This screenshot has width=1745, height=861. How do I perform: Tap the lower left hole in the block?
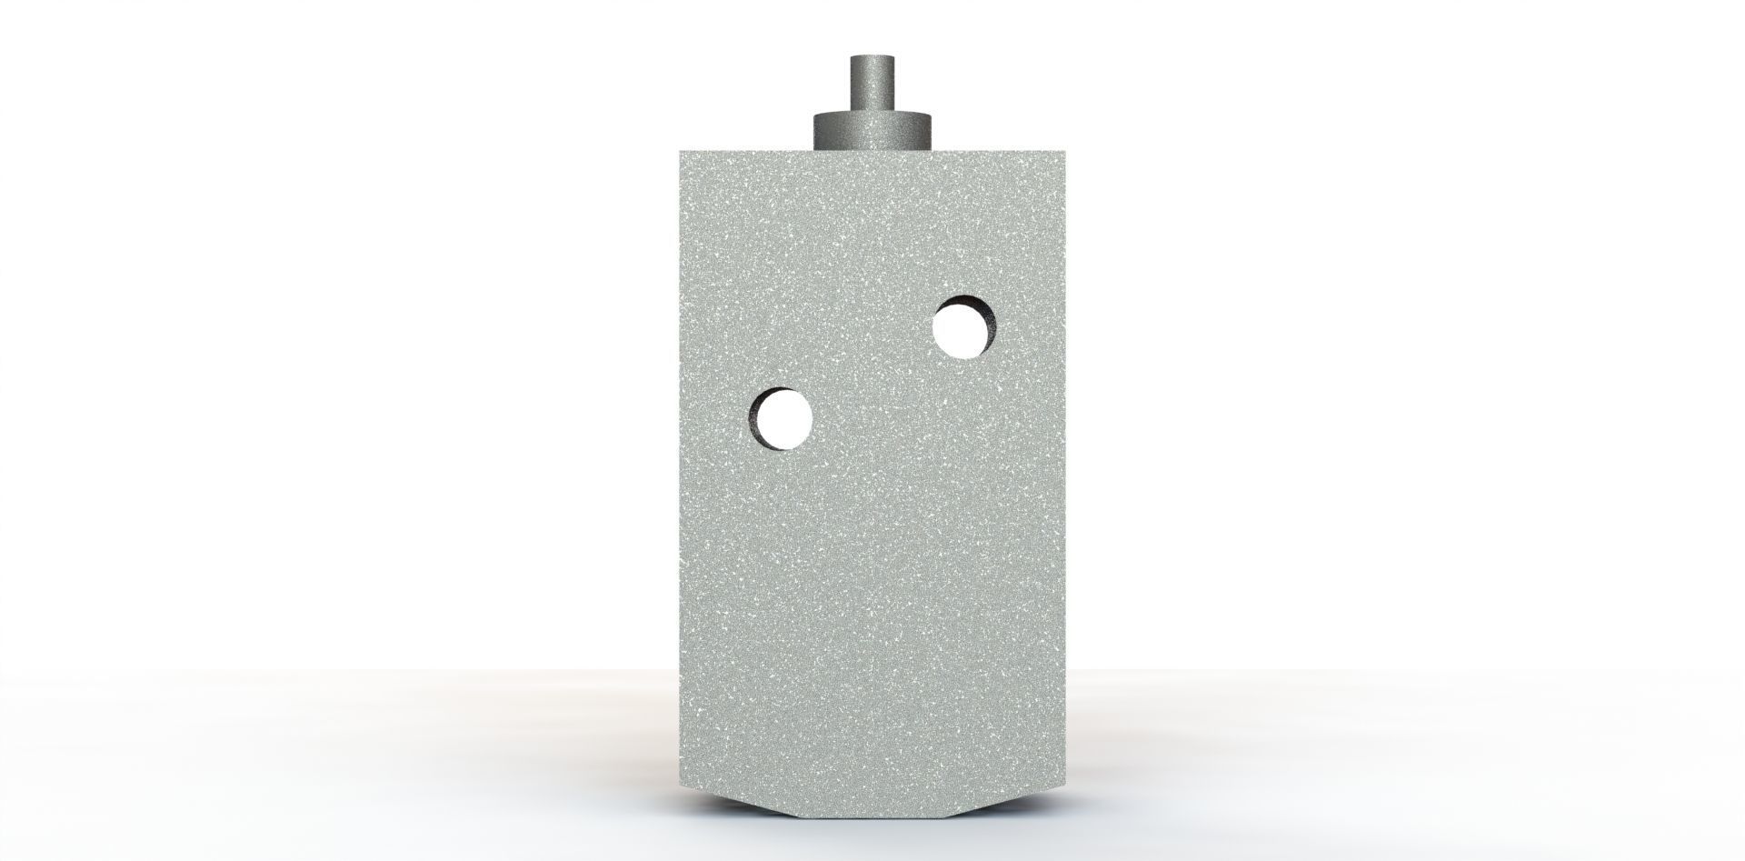click(782, 419)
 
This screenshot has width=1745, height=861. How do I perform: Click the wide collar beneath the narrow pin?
click(872, 130)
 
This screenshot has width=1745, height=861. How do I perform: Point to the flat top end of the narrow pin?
click(872, 58)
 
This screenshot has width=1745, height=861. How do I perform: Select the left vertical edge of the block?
click(681, 455)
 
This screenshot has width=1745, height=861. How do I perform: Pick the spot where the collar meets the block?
click(872, 147)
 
